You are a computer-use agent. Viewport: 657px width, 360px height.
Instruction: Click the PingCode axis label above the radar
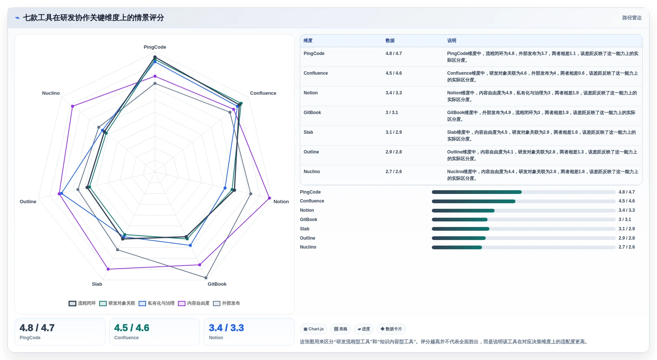point(155,47)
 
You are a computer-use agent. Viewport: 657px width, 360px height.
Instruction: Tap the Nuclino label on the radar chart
point(51,93)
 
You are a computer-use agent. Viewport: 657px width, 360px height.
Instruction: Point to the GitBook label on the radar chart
point(217,284)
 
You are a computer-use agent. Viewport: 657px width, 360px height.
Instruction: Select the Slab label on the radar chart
point(97,284)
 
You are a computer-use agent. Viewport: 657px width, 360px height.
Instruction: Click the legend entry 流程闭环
point(82,304)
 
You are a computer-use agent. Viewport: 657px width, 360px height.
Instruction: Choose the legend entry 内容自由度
point(194,304)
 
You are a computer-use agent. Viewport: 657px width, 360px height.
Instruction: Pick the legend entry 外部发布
point(226,304)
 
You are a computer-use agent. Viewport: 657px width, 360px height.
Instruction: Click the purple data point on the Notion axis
point(269,198)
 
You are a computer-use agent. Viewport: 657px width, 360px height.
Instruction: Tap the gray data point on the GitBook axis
point(206,278)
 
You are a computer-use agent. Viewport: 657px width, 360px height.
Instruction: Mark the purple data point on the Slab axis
point(108,269)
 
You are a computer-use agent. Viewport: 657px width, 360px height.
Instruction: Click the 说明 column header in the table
point(452,41)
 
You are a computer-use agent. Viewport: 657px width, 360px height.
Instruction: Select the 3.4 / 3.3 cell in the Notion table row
point(394,93)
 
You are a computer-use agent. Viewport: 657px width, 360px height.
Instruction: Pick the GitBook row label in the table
point(312,113)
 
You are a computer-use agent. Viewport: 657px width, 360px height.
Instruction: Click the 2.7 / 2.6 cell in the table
point(394,172)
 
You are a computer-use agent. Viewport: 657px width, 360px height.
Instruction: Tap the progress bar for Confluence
point(524,201)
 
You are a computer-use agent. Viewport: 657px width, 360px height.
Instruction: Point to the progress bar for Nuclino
point(524,247)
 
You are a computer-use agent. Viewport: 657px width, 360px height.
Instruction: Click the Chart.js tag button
point(314,329)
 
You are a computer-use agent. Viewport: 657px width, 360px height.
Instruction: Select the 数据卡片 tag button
point(391,329)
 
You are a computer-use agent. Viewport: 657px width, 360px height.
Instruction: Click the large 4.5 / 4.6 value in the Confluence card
point(132,328)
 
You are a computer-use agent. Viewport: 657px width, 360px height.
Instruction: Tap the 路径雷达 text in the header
point(632,18)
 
